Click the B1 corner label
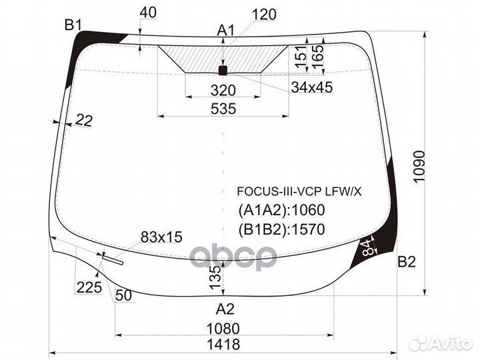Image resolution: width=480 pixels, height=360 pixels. coord(73,25)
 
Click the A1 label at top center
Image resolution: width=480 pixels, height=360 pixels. coord(227,30)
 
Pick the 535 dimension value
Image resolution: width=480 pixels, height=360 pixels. coord(223,109)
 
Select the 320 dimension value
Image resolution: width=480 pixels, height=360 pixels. coord(223,91)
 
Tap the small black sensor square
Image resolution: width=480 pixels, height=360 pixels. coord(223,69)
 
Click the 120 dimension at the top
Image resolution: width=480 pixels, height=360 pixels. coord(264,15)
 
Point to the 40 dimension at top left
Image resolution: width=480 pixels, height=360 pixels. coord(149,12)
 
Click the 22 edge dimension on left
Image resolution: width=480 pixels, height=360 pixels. coord(84,120)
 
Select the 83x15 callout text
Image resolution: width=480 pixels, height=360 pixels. coord(161,236)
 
